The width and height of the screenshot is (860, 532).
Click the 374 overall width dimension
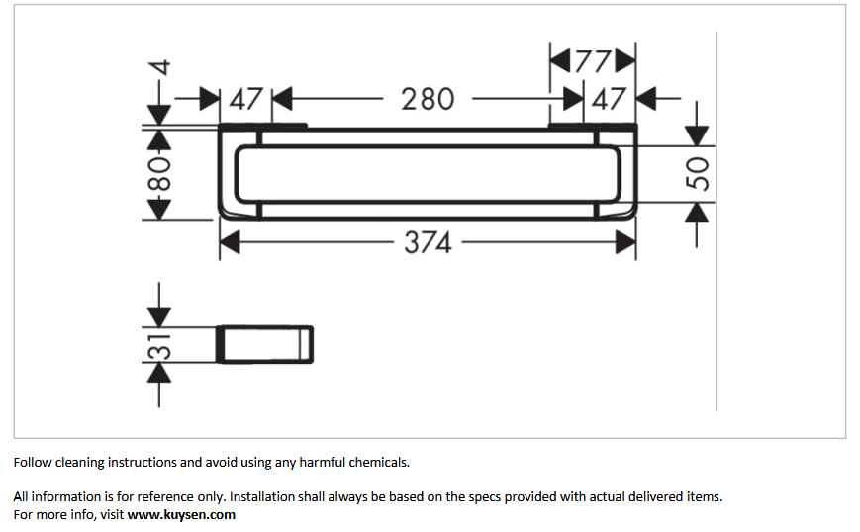[x=428, y=242]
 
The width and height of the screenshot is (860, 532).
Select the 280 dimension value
[x=428, y=99]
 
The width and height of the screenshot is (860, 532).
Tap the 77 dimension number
[x=593, y=61]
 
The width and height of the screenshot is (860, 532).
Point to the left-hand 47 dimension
[x=245, y=99]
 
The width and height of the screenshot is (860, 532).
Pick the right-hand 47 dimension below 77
[x=609, y=99]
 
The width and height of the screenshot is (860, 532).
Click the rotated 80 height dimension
[x=159, y=174]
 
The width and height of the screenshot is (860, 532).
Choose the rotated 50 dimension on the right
[x=697, y=174]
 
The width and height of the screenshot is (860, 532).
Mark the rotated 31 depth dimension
[x=159, y=346]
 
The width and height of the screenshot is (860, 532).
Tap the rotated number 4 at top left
[x=159, y=68]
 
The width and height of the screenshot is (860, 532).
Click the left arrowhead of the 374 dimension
[x=230, y=242]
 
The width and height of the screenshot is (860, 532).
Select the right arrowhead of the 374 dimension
[x=625, y=242]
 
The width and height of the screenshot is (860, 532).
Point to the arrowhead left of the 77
[x=560, y=60]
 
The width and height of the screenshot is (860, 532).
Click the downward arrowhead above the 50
[x=697, y=135]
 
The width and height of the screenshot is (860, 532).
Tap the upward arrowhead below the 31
[x=159, y=373]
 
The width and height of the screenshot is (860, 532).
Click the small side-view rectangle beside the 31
[x=265, y=345]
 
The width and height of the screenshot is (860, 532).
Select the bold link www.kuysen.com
[x=181, y=515]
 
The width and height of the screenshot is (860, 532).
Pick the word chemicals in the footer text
[x=380, y=463]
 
